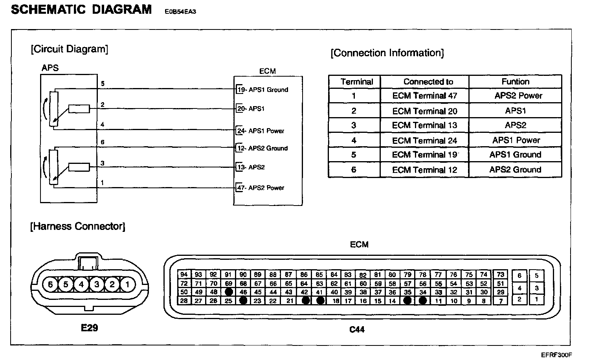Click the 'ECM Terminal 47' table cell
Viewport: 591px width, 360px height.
pyautogui.click(x=424, y=96)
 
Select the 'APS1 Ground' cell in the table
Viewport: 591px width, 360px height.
pyautogui.click(x=515, y=155)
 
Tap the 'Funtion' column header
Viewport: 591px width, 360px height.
pyautogui.click(x=515, y=82)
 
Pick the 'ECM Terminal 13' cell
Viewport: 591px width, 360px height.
pyautogui.click(x=424, y=125)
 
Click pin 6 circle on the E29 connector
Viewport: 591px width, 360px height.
pyautogui.click(x=50, y=284)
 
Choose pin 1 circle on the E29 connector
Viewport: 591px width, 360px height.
pyautogui.click(x=127, y=284)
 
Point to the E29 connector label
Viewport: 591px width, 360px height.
pyautogui.click(x=89, y=327)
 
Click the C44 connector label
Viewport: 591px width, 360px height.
pyautogui.click(x=357, y=329)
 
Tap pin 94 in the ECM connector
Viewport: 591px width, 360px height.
pyautogui.click(x=184, y=274)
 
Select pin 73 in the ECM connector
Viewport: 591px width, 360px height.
pyautogui.click(x=500, y=274)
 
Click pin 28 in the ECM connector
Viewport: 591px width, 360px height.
pyautogui.click(x=184, y=301)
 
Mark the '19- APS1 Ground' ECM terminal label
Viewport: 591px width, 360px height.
pyautogui.click(x=262, y=90)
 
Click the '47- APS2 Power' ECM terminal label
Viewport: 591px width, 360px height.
pyautogui.click(x=261, y=188)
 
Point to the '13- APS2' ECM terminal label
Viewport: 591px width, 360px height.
pyautogui.click(x=251, y=167)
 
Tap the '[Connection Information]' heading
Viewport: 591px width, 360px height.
pyautogui.click(x=387, y=53)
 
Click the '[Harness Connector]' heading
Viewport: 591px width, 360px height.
pyautogui.click(x=78, y=226)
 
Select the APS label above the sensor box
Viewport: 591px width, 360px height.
pyautogui.click(x=50, y=68)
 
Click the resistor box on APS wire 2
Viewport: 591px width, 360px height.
pyautogui.click(x=79, y=109)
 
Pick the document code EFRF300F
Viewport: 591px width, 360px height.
pyautogui.click(x=556, y=354)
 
